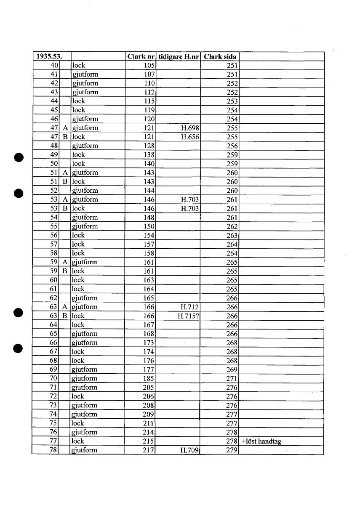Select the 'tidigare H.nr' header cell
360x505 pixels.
179,56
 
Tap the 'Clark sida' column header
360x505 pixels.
220,56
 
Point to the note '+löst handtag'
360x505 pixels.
261,441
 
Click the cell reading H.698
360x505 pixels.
189,128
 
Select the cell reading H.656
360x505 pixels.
189,137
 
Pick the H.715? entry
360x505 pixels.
189,316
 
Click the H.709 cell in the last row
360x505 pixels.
189,450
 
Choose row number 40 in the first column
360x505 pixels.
53,65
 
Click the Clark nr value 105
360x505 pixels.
149,65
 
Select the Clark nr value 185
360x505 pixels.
149,379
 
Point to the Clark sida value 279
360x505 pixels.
232,450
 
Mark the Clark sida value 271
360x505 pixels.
232,379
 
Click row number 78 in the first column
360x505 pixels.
53,450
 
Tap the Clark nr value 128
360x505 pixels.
149,146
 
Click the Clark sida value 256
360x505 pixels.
232,146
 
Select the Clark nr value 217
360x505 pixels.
149,450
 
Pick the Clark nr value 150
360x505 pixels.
149,226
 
